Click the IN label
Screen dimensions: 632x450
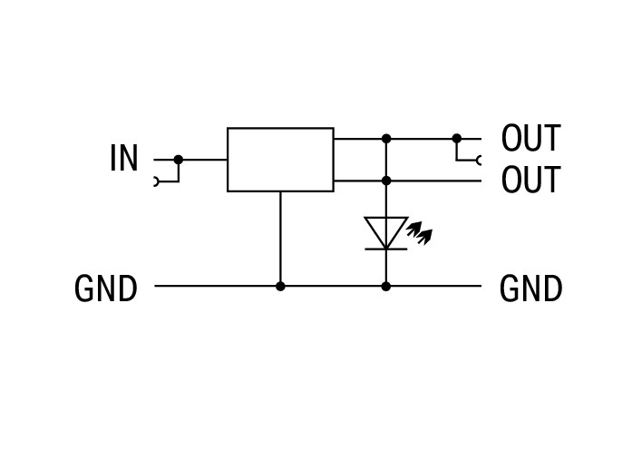[x=124, y=158]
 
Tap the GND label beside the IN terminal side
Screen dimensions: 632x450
[x=105, y=289]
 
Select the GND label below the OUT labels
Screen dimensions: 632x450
[x=530, y=289]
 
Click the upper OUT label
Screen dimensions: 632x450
[x=530, y=138]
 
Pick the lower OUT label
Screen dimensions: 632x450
[x=530, y=180]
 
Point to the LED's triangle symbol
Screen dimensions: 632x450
[x=386, y=232]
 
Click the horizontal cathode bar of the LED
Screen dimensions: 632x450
[x=386, y=249]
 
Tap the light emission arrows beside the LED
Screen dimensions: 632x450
[x=420, y=233]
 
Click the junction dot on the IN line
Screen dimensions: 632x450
[x=179, y=160]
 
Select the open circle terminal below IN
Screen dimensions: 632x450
[x=156, y=181]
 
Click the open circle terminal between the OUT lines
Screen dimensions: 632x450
[x=479, y=161]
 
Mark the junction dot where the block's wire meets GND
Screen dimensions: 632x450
[x=280, y=287]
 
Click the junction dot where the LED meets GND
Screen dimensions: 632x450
[x=386, y=287]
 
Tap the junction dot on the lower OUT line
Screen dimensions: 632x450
[x=386, y=181]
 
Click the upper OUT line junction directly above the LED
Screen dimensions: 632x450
[x=386, y=139]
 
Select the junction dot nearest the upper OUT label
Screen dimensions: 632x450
[x=457, y=139]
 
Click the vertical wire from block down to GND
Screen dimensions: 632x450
[x=280, y=239]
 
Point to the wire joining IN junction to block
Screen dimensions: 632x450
[x=203, y=160]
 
